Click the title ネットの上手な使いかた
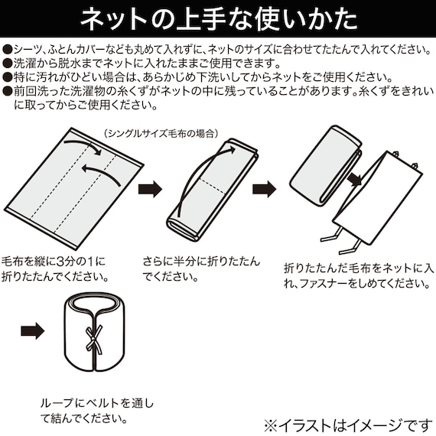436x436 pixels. (218, 17)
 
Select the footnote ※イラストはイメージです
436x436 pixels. (347, 422)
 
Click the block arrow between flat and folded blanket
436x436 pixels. (149, 188)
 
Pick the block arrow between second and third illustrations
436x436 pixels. (264, 188)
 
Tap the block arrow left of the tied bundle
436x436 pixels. (32, 331)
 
